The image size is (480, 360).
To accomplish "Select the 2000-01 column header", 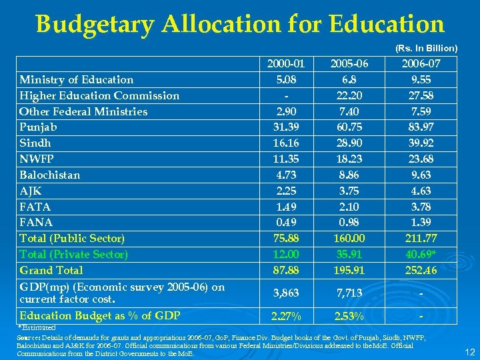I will tap(286, 64).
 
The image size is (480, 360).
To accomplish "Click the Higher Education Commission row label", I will tap(99, 95).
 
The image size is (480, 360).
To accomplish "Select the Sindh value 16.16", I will tap(286, 143).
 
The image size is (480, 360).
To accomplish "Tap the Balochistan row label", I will tap(50, 175).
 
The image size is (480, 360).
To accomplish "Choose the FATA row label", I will tap(35, 207).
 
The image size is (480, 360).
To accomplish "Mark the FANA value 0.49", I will tap(286, 222).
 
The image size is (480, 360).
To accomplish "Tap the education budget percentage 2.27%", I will tap(286, 315).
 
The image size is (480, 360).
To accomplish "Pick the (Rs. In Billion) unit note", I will tap(426, 48).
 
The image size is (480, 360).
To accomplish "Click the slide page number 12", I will tap(468, 351).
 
